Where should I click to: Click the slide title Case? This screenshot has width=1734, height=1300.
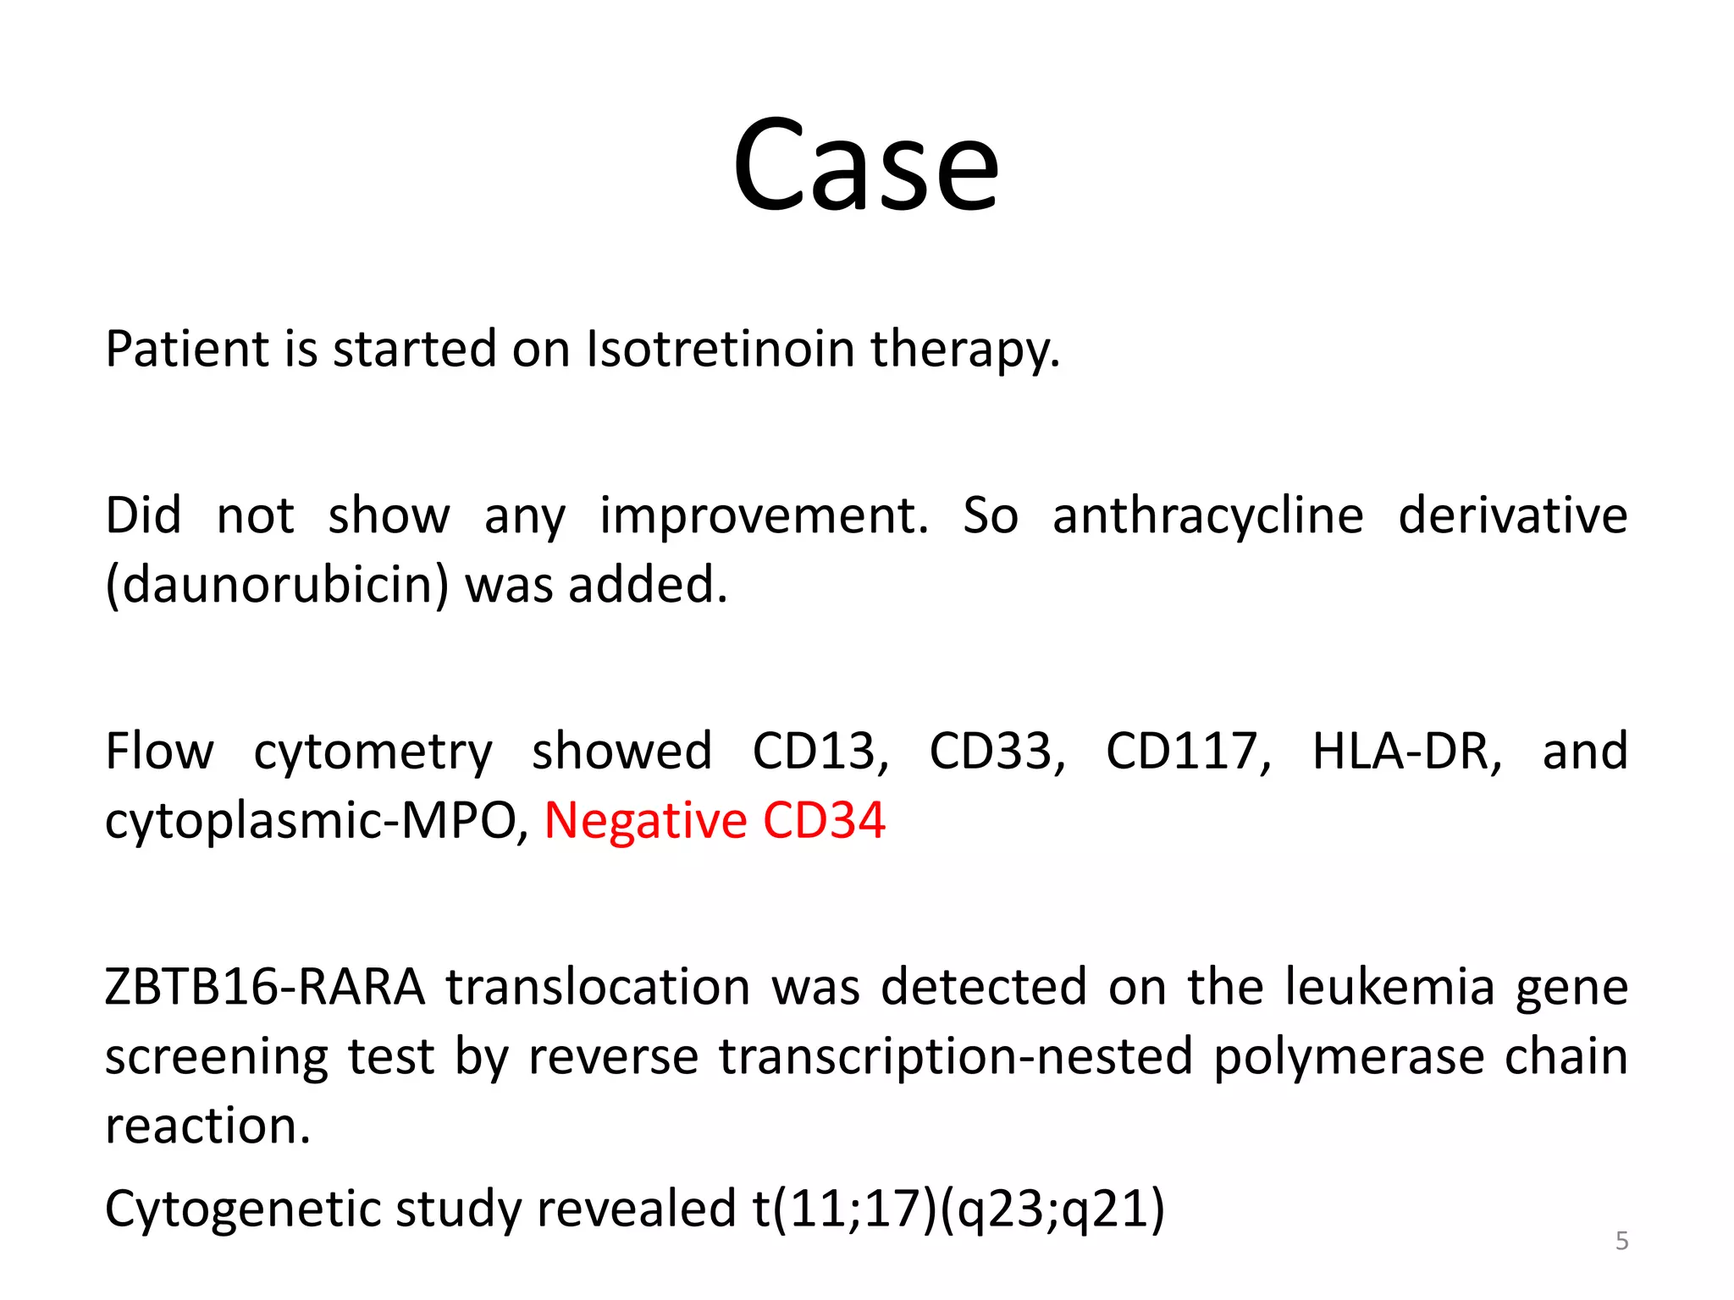point(865,164)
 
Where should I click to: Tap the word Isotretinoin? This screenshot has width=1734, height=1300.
point(721,349)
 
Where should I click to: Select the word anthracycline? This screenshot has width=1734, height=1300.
point(1208,515)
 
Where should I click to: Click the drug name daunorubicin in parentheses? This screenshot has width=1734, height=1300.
point(277,585)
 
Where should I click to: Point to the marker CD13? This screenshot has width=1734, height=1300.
point(820,751)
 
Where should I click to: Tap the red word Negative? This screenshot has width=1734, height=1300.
point(646,820)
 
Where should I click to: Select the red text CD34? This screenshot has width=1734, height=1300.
point(824,820)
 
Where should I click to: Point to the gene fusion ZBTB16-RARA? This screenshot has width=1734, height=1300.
point(265,987)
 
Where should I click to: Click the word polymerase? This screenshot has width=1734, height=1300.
point(1350,1056)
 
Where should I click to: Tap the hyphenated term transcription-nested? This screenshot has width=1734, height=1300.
point(956,1056)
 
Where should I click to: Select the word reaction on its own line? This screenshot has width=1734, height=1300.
point(207,1126)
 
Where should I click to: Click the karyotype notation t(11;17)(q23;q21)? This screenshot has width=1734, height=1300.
point(958,1208)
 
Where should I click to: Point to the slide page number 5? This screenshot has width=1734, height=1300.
point(1621,1241)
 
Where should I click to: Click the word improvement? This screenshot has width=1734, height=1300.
point(764,515)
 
